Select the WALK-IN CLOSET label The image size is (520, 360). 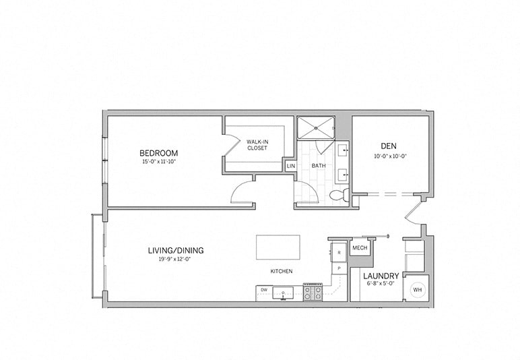(257, 144)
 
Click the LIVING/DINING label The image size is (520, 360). (176, 250)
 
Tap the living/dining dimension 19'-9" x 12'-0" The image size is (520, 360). (176, 259)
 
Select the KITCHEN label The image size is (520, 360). (282, 271)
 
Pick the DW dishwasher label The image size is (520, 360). (263, 291)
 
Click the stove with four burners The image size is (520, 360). (313, 291)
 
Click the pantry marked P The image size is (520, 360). (339, 268)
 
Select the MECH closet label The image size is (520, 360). (359, 247)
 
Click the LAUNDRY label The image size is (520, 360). (381, 276)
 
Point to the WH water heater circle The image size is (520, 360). (417, 289)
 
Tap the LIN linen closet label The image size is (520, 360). (291, 166)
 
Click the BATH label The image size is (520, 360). (318, 166)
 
